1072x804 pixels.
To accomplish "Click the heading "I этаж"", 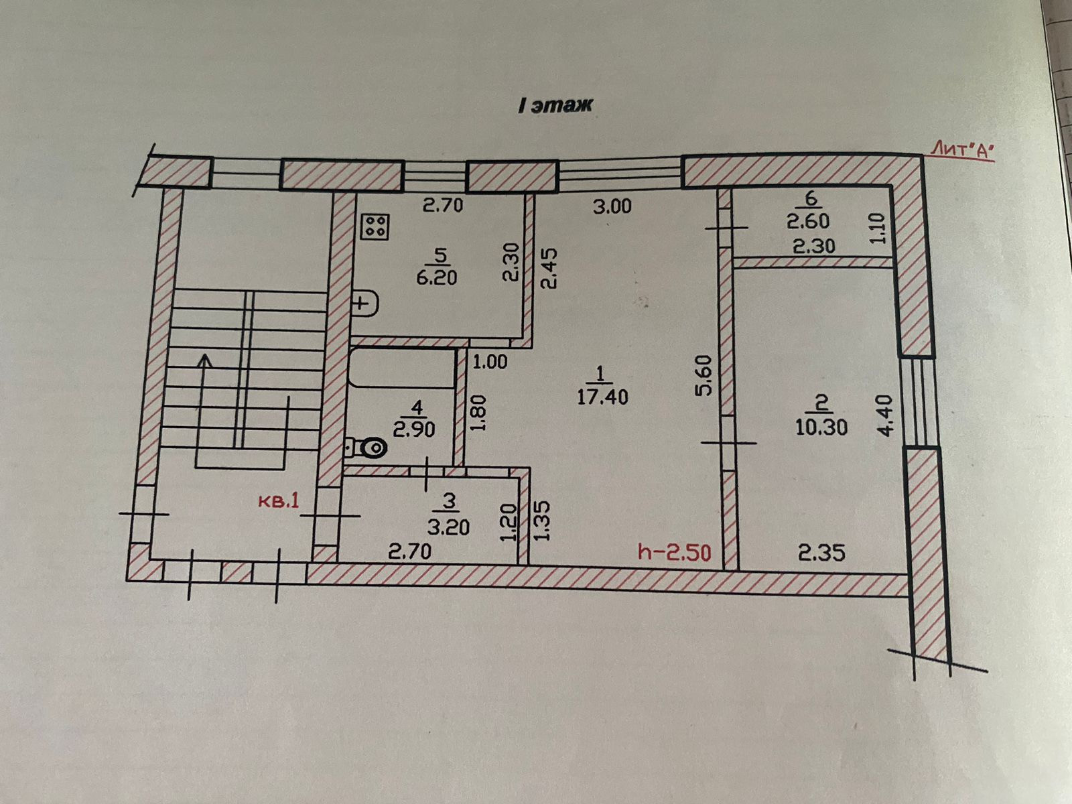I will click(x=555, y=105).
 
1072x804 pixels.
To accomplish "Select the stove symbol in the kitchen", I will click(x=375, y=226).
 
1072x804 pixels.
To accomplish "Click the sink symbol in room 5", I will click(x=364, y=304).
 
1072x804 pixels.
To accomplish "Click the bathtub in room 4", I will click(x=402, y=368).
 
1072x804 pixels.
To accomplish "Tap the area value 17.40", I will click(x=602, y=397).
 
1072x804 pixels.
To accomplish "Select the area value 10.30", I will click(x=821, y=427).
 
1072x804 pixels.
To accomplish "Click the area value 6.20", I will click(x=436, y=277).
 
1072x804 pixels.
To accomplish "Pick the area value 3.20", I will click(x=448, y=527).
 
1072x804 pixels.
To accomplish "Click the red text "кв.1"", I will click(x=279, y=500).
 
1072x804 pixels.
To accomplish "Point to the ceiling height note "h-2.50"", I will click(x=674, y=552).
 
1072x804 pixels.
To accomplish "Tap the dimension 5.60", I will click(x=703, y=375).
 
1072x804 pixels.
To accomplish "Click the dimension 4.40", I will click(x=885, y=415).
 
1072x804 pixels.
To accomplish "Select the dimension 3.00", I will click(x=612, y=206).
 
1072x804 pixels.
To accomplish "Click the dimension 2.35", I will click(x=821, y=553).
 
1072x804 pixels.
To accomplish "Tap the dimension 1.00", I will click(x=490, y=362).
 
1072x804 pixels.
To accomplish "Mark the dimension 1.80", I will click(x=478, y=414).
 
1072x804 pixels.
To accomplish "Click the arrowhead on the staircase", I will click(x=204, y=360).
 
